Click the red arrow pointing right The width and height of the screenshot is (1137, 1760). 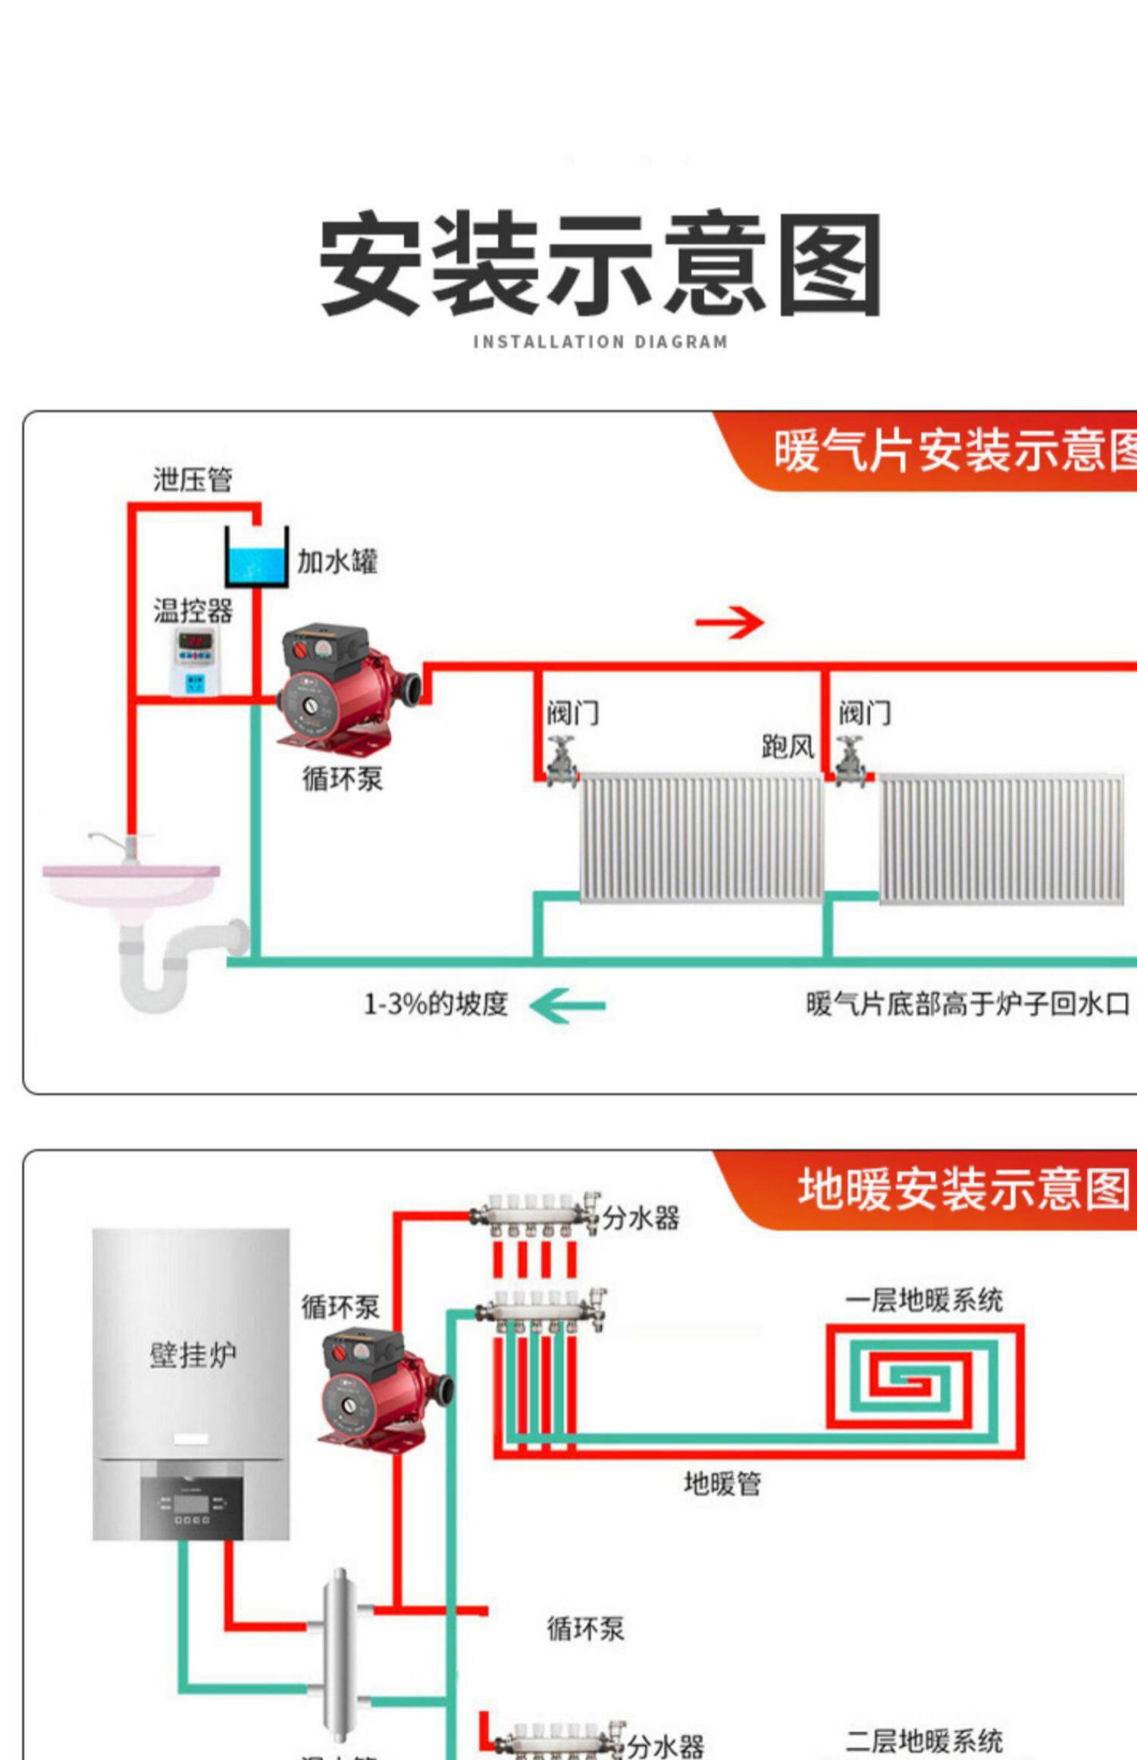click(728, 622)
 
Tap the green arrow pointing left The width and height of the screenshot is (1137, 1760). click(567, 1006)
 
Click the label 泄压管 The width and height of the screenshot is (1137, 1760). click(193, 480)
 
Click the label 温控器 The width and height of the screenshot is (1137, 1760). click(193, 610)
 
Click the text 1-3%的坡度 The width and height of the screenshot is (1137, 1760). click(435, 1004)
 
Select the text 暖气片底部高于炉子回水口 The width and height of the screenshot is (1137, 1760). click(967, 1004)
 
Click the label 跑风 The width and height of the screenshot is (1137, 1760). click(788, 747)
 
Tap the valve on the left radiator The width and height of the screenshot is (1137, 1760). click(562, 762)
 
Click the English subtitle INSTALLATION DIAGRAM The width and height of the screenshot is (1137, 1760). click(600, 342)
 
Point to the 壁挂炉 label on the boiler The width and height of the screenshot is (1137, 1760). click(193, 1354)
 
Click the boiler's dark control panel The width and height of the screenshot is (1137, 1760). click(192, 1503)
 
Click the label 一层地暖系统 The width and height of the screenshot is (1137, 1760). click(924, 1301)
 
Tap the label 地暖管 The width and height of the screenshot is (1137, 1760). click(722, 1483)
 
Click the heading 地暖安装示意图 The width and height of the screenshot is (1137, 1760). click(963, 1188)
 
